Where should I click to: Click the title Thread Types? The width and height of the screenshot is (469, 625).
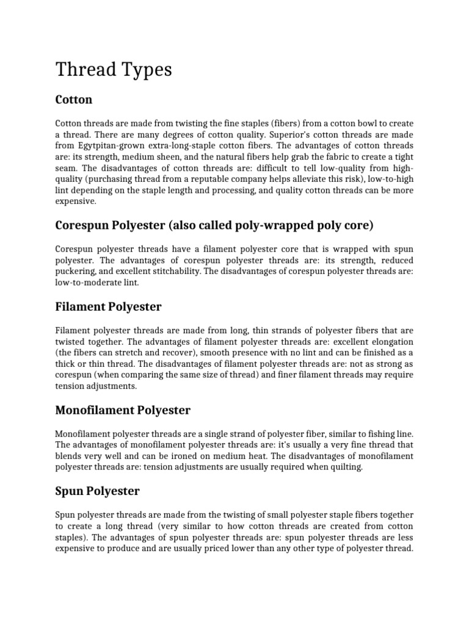click(x=114, y=70)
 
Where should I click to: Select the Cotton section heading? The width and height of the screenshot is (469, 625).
click(x=73, y=99)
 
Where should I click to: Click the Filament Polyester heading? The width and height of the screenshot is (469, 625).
click(x=108, y=306)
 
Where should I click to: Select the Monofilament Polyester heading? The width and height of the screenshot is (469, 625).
click(x=123, y=410)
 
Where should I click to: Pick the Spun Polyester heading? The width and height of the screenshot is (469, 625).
click(x=98, y=491)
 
